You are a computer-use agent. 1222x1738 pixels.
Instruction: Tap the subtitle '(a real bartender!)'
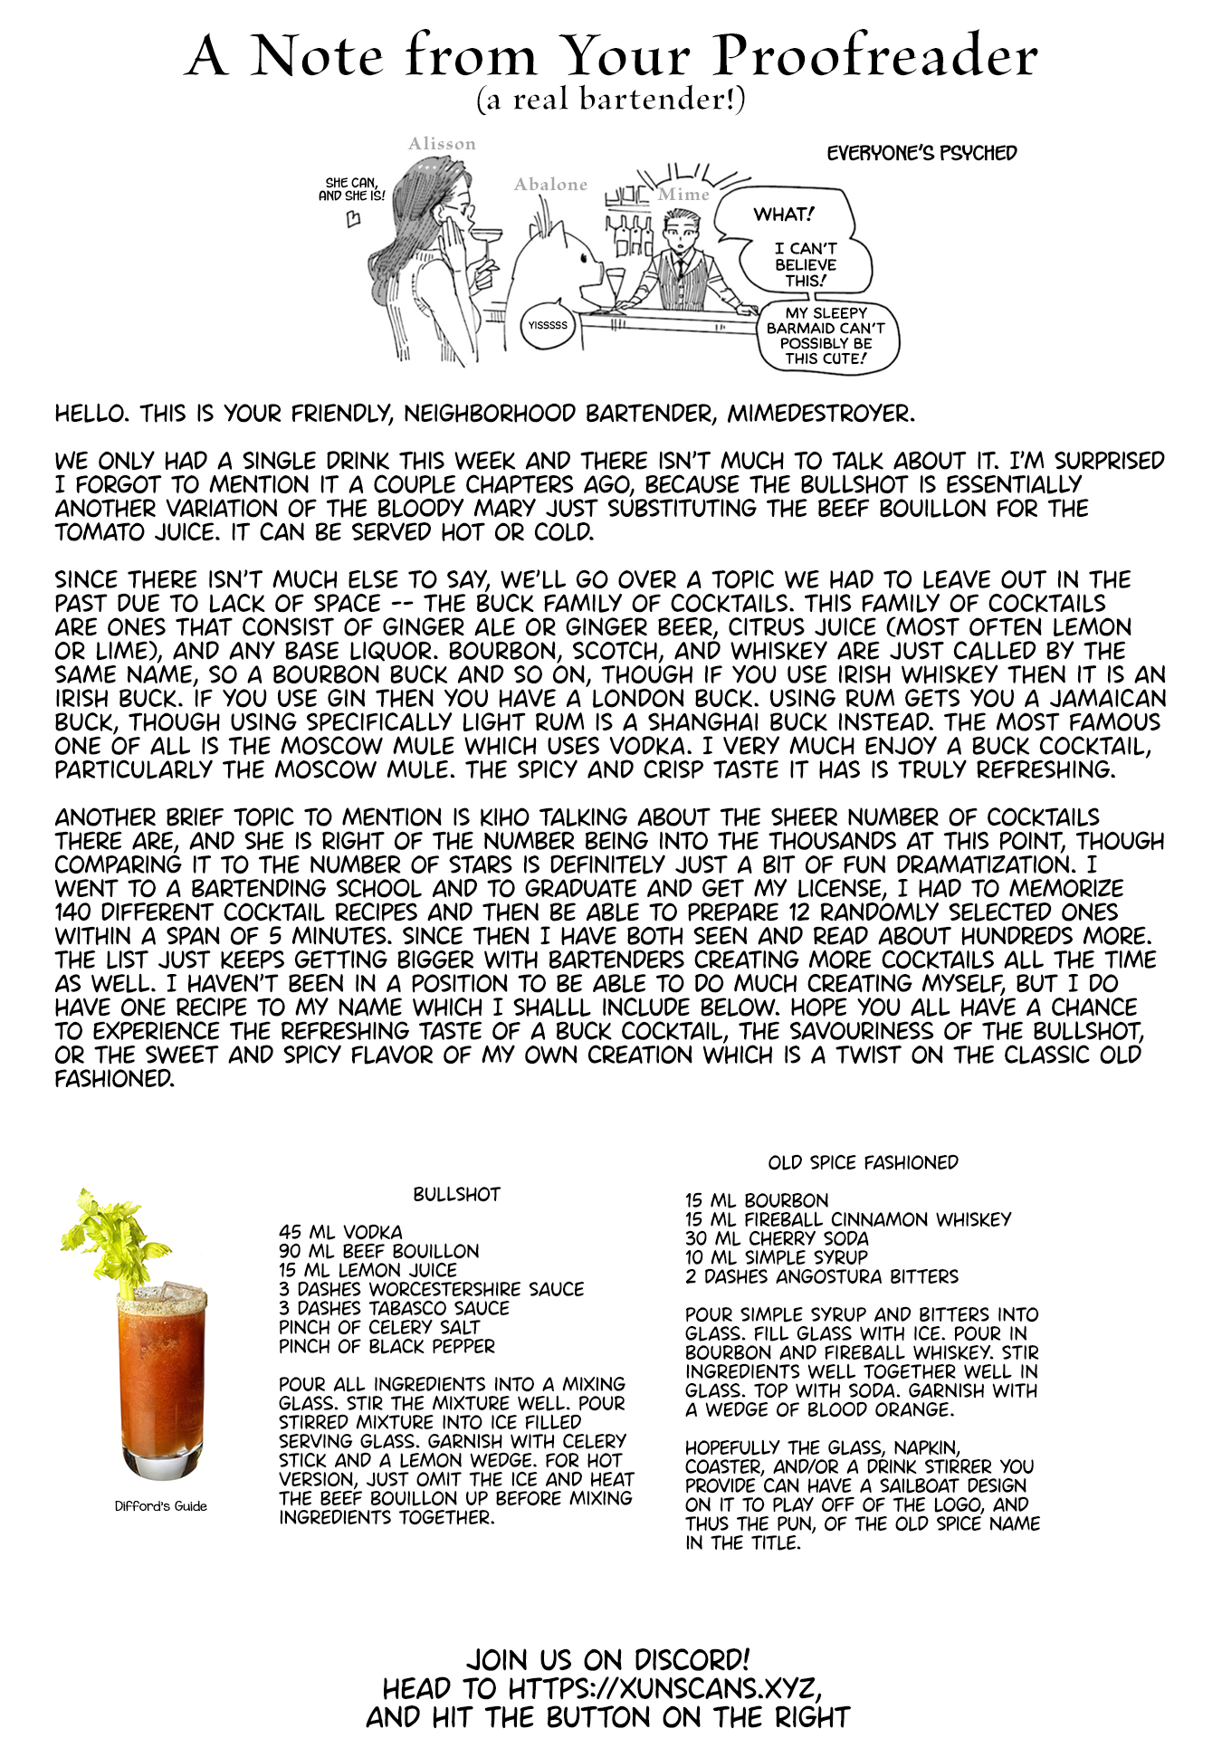pyautogui.click(x=611, y=99)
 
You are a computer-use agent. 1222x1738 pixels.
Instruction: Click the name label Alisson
pyautogui.click(x=442, y=144)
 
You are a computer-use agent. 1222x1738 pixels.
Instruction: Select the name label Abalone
pyautogui.click(x=550, y=185)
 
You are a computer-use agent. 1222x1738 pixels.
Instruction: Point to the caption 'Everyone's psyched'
pyautogui.click(x=921, y=153)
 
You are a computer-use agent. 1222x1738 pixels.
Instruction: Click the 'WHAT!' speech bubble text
pyautogui.click(x=783, y=215)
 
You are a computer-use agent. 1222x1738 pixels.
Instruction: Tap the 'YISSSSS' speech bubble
pyautogui.click(x=548, y=325)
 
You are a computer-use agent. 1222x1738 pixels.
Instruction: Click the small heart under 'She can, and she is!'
pyautogui.click(x=354, y=218)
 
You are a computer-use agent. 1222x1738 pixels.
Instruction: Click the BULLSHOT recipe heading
pyautogui.click(x=456, y=1195)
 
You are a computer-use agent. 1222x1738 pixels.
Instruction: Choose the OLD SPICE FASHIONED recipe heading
pyautogui.click(x=863, y=1163)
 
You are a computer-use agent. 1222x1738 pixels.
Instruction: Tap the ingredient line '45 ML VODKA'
pyautogui.click(x=340, y=1232)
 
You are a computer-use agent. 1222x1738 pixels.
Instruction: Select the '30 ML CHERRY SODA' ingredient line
pyautogui.click(x=777, y=1238)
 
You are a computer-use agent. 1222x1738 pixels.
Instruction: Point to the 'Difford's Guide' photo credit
pyautogui.click(x=160, y=1506)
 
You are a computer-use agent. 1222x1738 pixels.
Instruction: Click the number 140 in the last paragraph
pyautogui.click(x=73, y=912)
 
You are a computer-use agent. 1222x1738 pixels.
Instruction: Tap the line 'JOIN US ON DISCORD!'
pyautogui.click(x=607, y=1660)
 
